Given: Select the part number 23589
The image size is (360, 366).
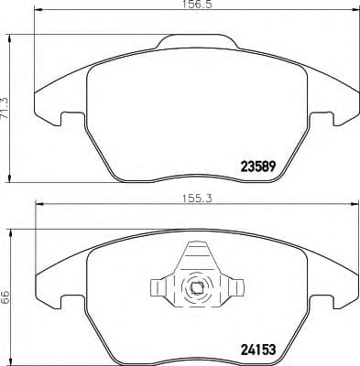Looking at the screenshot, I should pyautogui.click(x=257, y=167).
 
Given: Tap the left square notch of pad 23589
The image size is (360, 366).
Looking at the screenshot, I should pyautogui.click(x=65, y=119).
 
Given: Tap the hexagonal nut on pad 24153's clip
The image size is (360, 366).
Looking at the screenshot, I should pyautogui.click(x=198, y=291).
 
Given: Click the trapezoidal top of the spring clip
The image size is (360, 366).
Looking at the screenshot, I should pyautogui.click(x=197, y=253).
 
